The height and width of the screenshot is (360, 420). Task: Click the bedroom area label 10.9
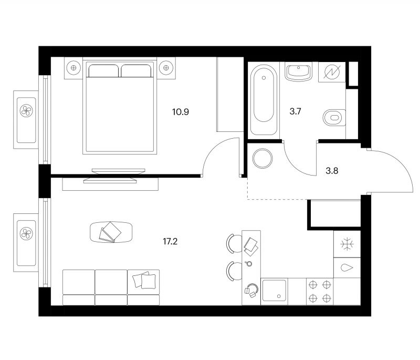click(181, 112)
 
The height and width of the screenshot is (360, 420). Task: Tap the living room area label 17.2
click(170, 242)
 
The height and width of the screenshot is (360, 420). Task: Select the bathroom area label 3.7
click(295, 111)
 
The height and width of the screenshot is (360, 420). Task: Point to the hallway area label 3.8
click(332, 171)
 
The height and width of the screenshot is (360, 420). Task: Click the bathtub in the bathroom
click(264, 100)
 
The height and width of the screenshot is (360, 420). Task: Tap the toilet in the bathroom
click(334, 118)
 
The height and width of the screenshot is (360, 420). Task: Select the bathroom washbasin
click(298, 72)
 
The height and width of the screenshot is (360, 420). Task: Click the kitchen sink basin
click(274, 291)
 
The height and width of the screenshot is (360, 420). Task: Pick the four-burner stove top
click(320, 291)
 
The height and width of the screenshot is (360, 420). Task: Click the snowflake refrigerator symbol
click(347, 244)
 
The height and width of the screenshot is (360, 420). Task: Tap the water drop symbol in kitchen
click(347, 268)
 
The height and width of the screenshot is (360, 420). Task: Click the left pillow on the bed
click(103, 71)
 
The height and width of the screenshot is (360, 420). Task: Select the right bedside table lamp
click(166, 68)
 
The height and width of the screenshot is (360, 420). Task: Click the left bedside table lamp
click(73, 68)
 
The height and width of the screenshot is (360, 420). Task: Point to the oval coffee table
click(111, 232)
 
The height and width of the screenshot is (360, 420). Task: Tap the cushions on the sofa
click(144, 280)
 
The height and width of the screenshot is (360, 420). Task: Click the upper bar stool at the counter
click(234, 243)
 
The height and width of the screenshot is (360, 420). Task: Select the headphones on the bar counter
click(251, 290)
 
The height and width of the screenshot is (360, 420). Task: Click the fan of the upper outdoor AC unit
click(26, 110)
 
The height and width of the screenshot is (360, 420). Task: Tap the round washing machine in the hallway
click(262, 158)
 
